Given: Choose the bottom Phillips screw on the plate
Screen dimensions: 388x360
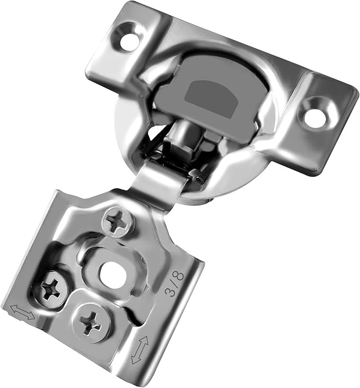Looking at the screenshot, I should pos(91,320).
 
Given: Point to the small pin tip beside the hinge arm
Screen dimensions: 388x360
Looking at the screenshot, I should pos(197,172).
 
